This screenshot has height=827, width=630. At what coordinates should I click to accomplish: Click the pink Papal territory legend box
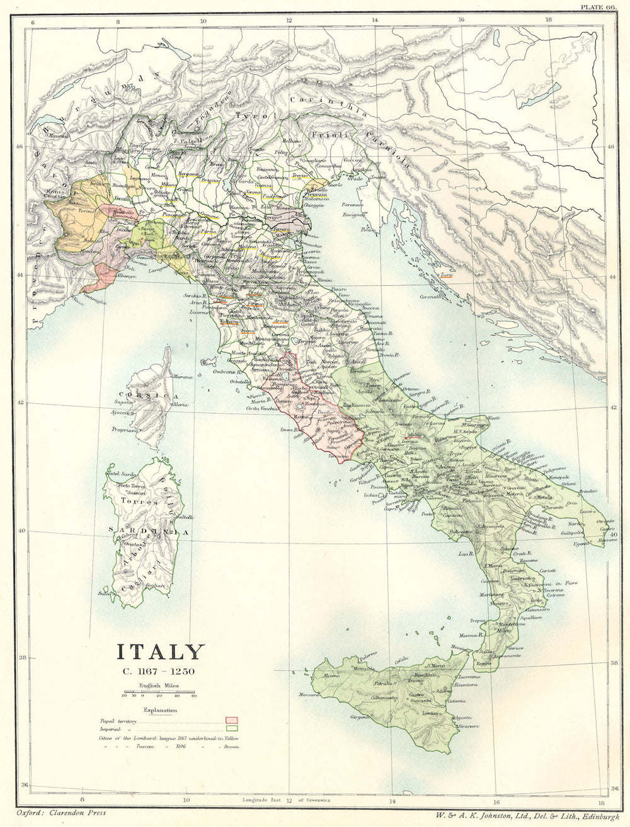pos(232,719)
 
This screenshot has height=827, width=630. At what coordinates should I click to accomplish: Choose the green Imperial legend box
pos(232,728)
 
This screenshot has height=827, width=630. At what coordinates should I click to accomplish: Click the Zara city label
pos(447,275)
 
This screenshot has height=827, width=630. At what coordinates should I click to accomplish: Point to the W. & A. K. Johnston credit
pos(524,814)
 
